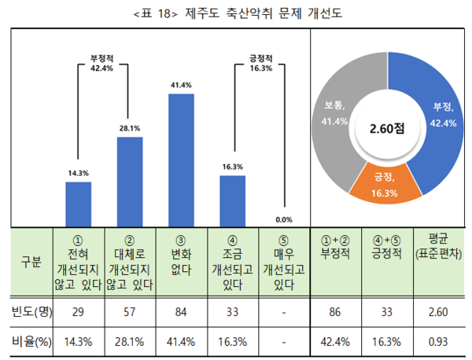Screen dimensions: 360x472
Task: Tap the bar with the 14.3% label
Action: tap(78, 204)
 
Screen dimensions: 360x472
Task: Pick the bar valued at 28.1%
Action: tap(130, 181)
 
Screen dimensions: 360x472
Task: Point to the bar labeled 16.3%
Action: tap(232, 200)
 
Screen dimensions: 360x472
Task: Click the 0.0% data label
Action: tap(284, 220)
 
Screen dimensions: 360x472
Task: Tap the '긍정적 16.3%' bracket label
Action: tap(260, 63)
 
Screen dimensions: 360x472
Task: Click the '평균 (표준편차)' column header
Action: tap(440, 246)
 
